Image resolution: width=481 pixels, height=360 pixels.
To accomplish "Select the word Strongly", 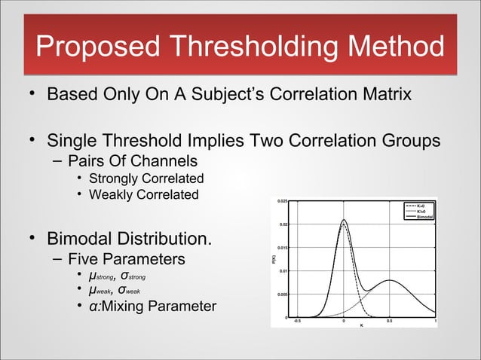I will [x=115, y=178].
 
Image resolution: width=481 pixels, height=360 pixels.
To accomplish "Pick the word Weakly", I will [x=112, y=195].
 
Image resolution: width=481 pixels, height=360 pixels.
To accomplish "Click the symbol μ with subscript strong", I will [x=93, y=276].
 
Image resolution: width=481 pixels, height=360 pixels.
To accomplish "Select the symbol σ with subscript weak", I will [x=124, y=291].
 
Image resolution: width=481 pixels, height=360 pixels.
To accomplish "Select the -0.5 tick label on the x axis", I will [x=296, y=321].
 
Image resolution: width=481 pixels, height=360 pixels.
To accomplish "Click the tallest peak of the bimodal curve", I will [x=344, y=220].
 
